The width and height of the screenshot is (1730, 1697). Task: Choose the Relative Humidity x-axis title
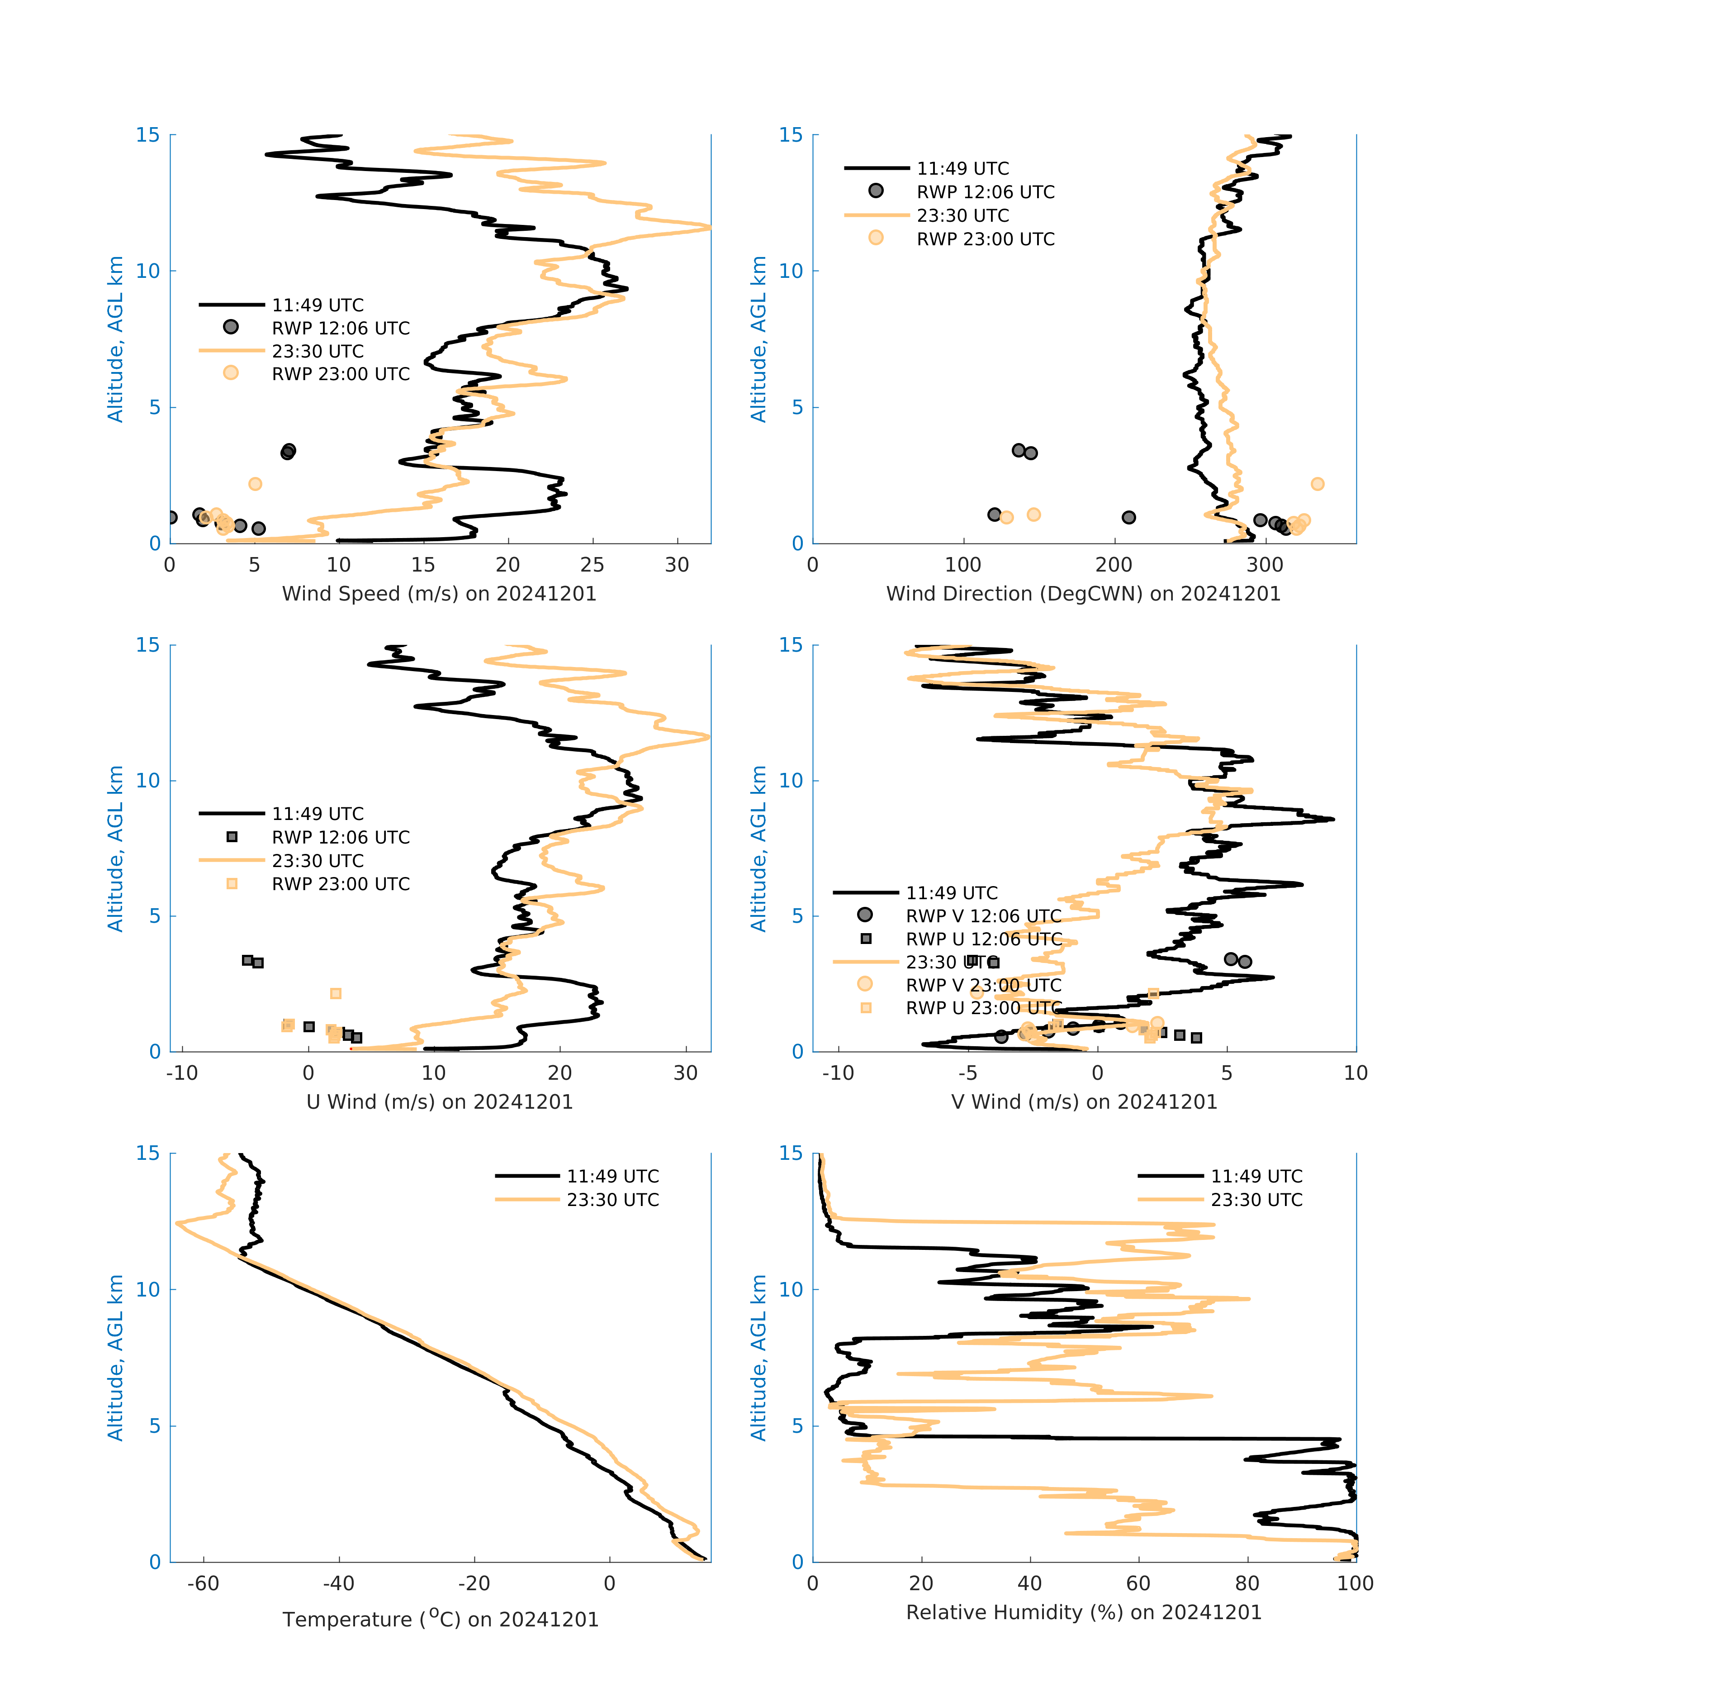point(1083,1612)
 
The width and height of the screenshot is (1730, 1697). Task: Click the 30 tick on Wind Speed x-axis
point(677,565)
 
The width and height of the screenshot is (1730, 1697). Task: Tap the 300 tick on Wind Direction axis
point(1265,565)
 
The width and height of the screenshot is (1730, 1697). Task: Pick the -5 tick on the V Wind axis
point(967,1073)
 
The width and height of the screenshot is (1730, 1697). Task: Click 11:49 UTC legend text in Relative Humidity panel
point(1256,1177)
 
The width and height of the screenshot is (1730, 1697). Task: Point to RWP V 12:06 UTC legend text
point(983,916)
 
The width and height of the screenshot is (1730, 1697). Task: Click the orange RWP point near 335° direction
point(1318,484)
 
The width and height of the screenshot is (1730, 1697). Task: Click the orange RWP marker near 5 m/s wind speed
point(255,484)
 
